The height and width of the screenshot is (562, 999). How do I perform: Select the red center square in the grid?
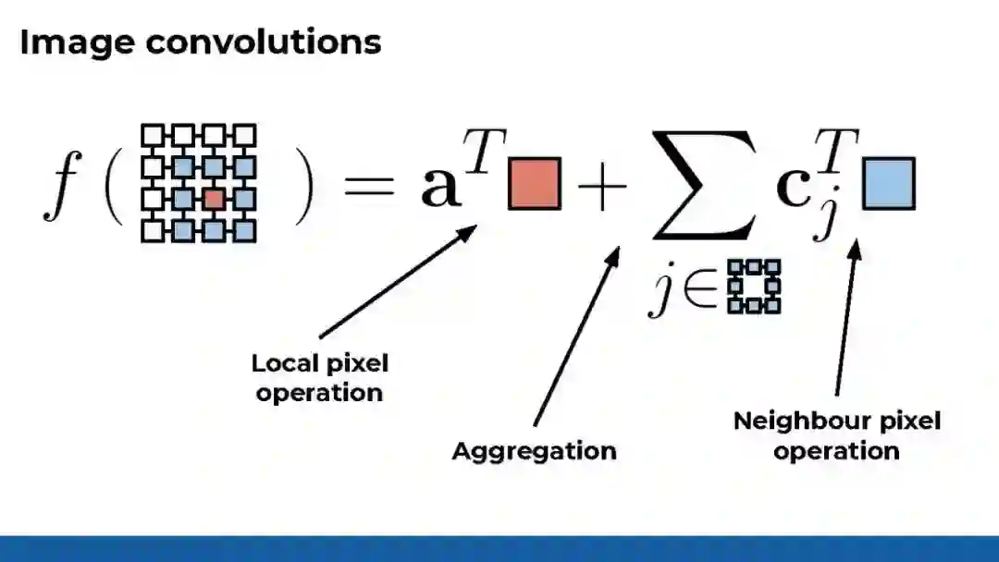(214, 199)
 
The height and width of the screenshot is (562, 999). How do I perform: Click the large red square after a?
(534, 184)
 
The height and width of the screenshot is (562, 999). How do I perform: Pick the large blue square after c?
(888, 183)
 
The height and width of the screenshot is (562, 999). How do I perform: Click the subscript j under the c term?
(823, 222)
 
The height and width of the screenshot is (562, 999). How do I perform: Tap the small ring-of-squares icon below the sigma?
(754, 287)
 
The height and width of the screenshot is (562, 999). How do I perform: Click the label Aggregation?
(534, 451)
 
